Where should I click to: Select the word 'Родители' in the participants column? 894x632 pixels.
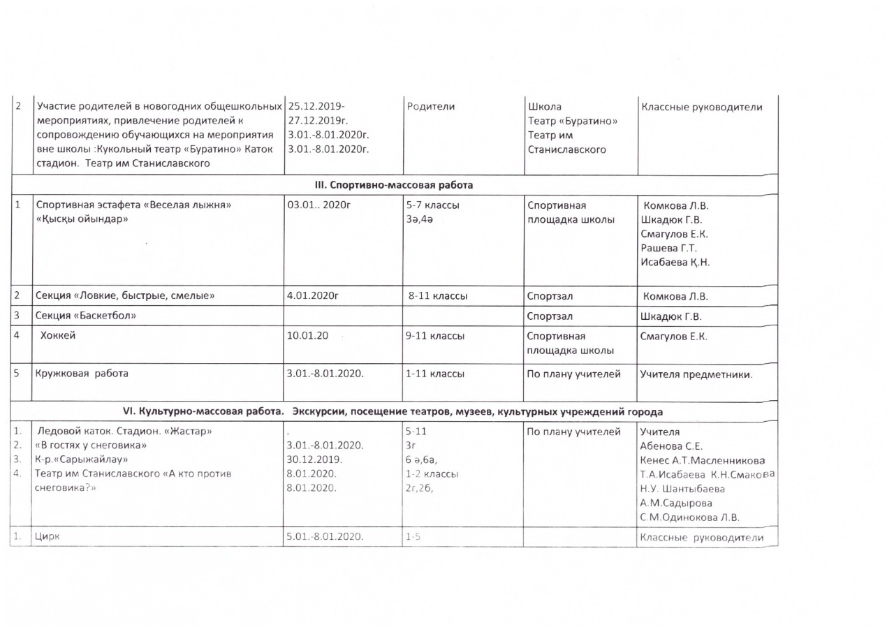tap(430, 106)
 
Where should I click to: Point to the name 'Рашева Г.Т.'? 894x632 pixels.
tap(669, 248)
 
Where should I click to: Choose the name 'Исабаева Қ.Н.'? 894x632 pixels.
tap(675, 262)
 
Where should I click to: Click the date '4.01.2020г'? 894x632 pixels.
tap(313, 296)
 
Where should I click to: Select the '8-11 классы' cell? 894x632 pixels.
tap(438, 296)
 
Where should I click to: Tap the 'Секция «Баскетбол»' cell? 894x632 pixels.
tap(85, 316)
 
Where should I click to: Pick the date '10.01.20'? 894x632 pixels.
tap(307, 336)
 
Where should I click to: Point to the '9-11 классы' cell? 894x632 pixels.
tap(435, 336)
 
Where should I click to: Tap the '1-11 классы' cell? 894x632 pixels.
tap(435, 374)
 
